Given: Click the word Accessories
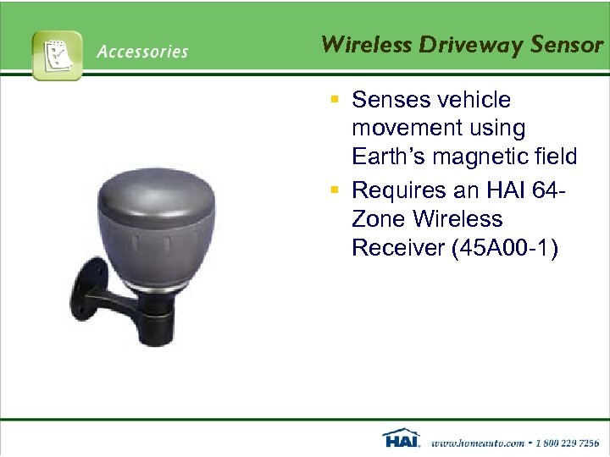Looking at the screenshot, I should (x=142, y=52).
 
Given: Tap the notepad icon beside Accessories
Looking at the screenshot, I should (x=57, y=55).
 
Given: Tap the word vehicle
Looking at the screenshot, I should (x=475, y=100).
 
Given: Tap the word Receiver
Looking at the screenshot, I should (x=395, y=250).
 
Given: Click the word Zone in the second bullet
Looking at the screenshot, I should (x=379, y=219).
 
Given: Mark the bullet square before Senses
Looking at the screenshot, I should (x=335, y=101).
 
